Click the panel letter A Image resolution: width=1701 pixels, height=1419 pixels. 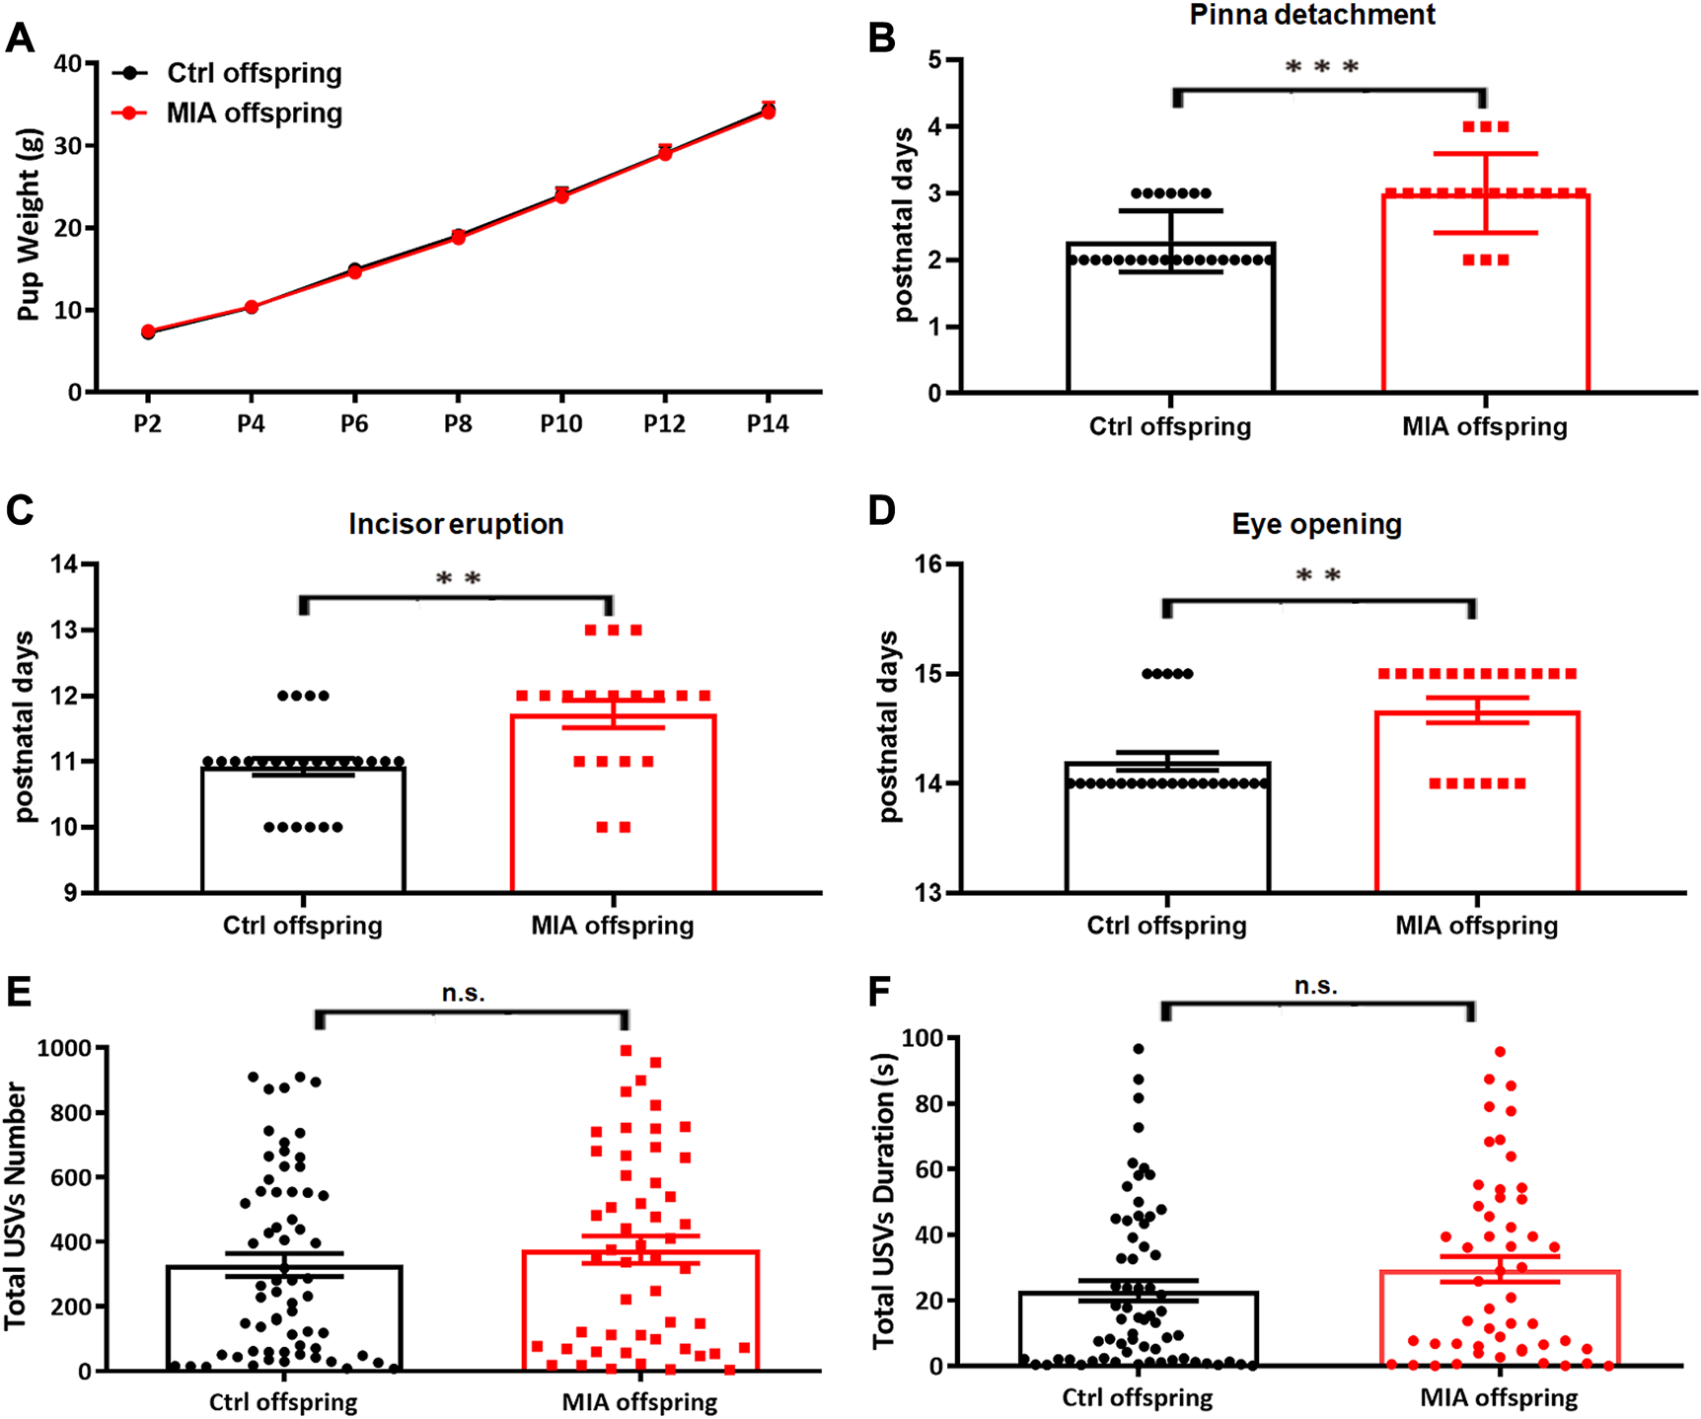(20, 39)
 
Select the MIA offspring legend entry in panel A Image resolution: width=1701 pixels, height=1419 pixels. (254, 113)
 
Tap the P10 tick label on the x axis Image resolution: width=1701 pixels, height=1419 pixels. (560, 424)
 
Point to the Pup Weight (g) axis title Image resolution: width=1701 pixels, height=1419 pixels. (29, 225)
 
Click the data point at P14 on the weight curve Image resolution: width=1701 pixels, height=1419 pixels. (768, 112)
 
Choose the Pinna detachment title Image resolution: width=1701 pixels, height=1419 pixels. (1311, 15)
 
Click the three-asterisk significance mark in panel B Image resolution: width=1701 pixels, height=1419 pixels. (1322, 67)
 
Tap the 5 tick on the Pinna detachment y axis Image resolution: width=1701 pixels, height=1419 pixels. (934, 60)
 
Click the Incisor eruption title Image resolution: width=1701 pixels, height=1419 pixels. (456, 524)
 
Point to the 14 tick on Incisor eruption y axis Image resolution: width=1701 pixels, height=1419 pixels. (65, 564)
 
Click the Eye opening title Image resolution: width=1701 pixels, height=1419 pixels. (1316, 524)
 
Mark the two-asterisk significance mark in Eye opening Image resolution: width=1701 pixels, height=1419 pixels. (1318, 576)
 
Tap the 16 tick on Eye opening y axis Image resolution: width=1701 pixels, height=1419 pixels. (928, 564)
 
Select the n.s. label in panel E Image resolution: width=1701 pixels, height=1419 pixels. (463, 993)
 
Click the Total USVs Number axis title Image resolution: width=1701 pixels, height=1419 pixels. (16, 1205)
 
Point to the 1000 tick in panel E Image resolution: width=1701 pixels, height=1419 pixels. (63, 1048)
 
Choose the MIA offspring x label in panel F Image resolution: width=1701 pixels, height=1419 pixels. (1498, 1398)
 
